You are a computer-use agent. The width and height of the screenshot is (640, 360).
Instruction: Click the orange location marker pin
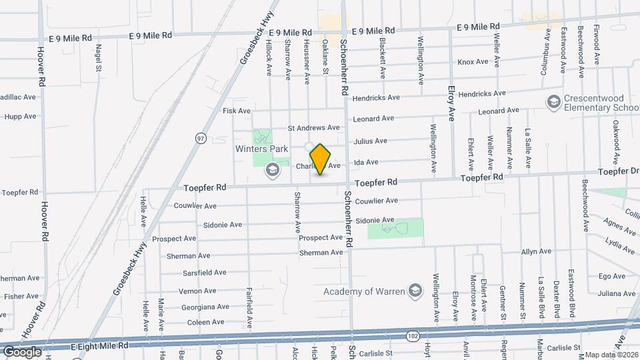pos(321,159)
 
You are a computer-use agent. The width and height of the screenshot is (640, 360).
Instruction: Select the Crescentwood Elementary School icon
pos(553,101)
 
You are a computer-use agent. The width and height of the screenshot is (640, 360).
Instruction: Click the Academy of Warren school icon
pos(415,291)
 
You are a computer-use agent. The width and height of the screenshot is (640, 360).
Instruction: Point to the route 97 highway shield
pos(200,138)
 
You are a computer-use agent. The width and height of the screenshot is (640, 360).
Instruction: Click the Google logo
pos(21,351)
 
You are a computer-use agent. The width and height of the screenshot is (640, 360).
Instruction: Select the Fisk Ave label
pos(237,111)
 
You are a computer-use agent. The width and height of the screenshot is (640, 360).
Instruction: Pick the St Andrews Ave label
pos(313,127)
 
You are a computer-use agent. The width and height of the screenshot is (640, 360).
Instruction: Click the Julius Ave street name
pos(371,141)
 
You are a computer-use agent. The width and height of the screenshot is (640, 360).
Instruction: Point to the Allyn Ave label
pos(537,251)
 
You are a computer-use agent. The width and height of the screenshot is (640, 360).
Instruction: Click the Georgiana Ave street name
pos(205,307)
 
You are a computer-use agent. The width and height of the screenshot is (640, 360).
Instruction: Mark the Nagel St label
pos(98,58)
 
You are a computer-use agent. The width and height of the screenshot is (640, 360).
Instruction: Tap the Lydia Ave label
pos(619,245)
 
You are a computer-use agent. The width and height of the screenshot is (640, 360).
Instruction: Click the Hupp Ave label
pos(20,116)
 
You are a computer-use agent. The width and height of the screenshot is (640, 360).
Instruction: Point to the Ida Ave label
pos(367,162)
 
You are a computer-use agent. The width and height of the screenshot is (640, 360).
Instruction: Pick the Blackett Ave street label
pos(383,50)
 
